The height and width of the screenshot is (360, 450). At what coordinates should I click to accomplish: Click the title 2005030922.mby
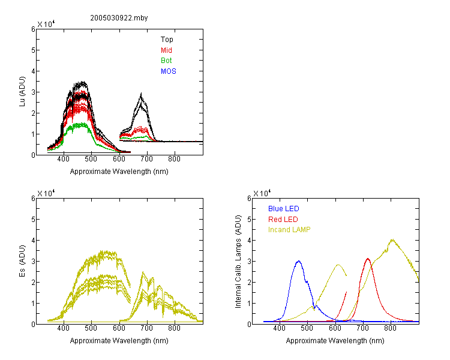click(x=119, y=18)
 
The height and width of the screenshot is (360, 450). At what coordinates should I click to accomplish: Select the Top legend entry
click(x=167, y=40)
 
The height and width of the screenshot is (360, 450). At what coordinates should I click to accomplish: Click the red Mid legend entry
click(x=166, y=50)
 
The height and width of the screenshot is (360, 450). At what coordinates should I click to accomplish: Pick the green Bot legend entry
click(x=166, y=61)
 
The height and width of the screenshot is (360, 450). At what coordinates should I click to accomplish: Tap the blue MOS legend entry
click(x=169, y=71)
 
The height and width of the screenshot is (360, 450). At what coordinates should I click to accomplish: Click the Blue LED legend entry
click(x=284, y=209)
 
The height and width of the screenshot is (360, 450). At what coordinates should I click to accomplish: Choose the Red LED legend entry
click(x=283, y=220)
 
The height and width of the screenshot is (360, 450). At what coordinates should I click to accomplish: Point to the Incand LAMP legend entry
click(x=289, y=230)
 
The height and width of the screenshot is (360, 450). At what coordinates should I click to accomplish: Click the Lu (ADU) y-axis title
click(x=22, y=92)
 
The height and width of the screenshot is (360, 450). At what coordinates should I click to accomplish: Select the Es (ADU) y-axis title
click(x=22, y=261)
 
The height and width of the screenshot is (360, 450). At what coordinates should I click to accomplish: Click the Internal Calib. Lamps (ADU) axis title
click(x=238, y=262)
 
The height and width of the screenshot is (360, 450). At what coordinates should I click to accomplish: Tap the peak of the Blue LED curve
click(x=299, y=261)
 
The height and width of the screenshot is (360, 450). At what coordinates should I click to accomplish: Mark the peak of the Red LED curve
click(x=368, y=259)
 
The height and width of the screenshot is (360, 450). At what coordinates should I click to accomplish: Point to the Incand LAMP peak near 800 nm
click(x=392, y=239)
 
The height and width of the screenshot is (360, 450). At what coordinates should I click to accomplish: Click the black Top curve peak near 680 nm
click(x=141, y=94)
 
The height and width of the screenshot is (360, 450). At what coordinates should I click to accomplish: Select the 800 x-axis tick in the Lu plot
click(x=174, y=159)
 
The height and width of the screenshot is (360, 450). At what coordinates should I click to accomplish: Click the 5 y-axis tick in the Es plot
click(x=33, y=220)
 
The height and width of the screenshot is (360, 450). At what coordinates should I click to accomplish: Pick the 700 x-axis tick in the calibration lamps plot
click(x=363, y=328)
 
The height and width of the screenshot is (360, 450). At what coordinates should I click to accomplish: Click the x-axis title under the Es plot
click(x=119, y=341)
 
